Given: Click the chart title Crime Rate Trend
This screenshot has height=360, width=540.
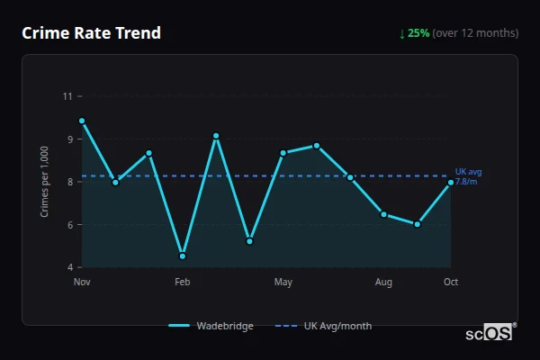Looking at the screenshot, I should (91, 33).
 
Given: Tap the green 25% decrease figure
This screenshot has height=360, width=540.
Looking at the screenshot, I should (418, 33).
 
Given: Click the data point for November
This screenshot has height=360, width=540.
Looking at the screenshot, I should (82, 121).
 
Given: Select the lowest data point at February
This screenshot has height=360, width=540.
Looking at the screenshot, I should (183, 256).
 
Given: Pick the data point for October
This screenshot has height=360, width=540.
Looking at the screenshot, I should (451, 183).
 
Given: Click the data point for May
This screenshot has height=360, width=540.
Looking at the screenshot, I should (283, 153).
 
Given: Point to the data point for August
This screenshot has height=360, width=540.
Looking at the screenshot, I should (383, 214).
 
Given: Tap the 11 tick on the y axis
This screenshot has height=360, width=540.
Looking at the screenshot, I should (67, 96).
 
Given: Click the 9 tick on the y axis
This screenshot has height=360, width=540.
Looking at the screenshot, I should (67, 139).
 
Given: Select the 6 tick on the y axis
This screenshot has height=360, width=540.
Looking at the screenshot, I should (67, 224).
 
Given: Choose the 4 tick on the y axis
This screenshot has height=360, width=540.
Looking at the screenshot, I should (67, 267).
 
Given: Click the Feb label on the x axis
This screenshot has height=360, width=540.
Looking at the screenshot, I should (183, 283).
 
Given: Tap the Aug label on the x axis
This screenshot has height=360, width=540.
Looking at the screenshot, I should (383, 283).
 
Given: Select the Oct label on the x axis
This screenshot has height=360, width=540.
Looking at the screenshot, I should (451, 283).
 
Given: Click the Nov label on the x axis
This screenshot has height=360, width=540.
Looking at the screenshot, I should (82, 283).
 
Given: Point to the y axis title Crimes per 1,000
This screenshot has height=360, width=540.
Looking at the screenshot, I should (45, 181).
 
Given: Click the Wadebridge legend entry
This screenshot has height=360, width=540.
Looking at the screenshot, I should (211, 326).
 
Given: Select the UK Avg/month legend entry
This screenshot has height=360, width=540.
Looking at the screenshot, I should (324, 326).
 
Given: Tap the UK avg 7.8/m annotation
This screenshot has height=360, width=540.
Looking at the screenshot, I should (468, 176).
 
